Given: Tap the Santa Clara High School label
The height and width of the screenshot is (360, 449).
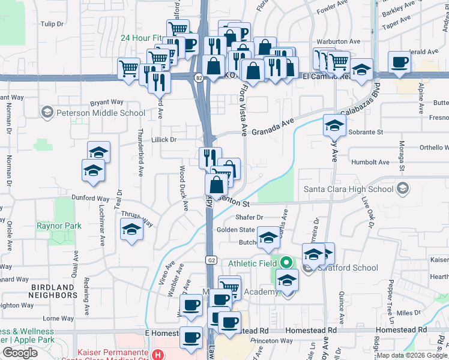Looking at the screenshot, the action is coord(348,190).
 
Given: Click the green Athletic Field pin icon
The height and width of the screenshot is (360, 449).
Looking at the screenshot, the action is coord(287,263).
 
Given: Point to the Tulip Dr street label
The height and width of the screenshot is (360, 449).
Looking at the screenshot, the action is coord(52,24).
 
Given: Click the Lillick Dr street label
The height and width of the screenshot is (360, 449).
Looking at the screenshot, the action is coord(164,139).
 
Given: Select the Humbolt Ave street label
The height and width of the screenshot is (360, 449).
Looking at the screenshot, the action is coord(370,162).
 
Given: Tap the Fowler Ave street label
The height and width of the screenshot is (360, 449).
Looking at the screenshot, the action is coord(333,10).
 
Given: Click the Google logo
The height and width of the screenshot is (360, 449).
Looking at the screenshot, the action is coord(20,353).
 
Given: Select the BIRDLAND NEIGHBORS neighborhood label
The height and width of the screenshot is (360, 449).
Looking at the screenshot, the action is coord(54,291).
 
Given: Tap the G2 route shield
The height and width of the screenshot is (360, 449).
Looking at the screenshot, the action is coord(211,260).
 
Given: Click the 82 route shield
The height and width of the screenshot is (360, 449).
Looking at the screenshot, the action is coord(198,77).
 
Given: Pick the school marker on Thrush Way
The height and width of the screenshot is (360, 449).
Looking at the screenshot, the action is coord(131,231).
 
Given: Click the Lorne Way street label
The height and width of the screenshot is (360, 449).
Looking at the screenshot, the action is coord(58,319).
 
